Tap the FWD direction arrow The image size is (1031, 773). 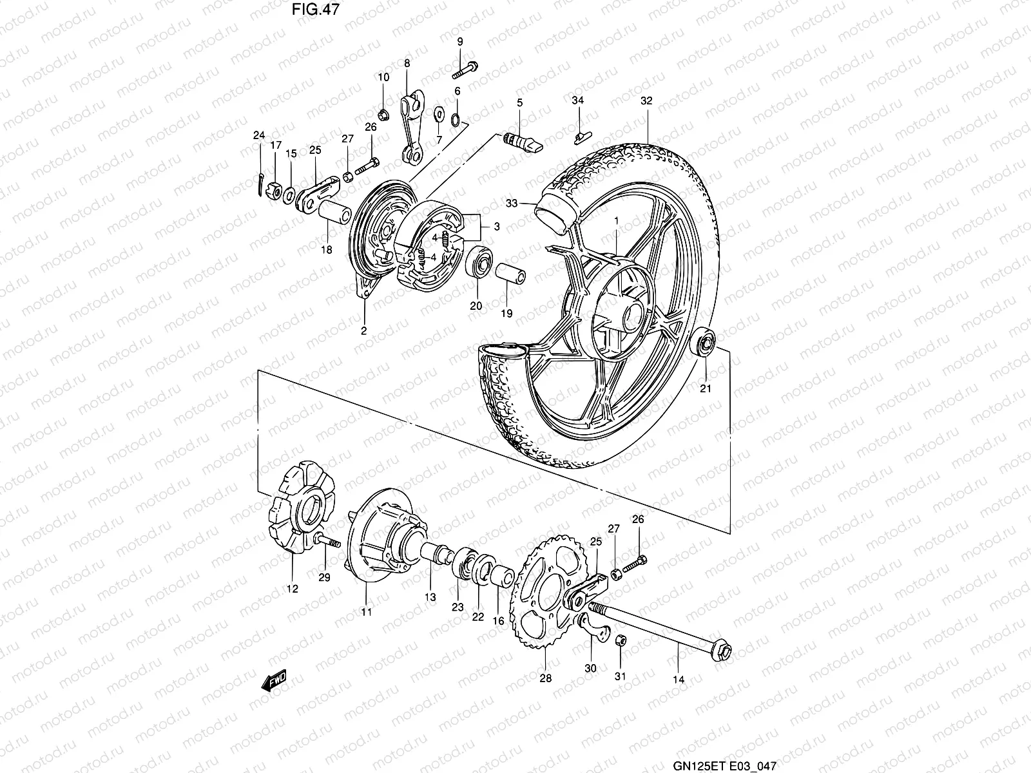point(273,681)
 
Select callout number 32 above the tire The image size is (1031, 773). point(646,100)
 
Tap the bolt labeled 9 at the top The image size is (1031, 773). point(468,65)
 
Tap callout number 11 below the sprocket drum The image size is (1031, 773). point(366,612)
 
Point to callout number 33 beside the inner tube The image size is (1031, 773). point(512,204)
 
